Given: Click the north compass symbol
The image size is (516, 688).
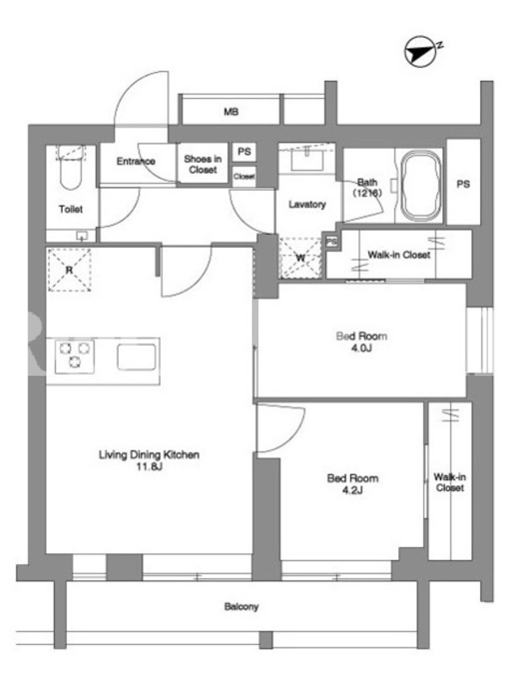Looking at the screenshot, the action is pyautogui.click(x=420, y=52).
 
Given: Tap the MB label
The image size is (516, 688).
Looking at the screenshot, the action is pyautogui.click(x=231, y=112).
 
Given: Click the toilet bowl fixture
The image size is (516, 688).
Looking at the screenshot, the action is pyautogui.click(x=71, y=168).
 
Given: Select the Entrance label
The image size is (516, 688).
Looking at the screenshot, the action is pyautogui.click(x=136, y=161).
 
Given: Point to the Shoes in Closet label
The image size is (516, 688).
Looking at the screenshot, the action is pyautogui.click(x=203, y=164).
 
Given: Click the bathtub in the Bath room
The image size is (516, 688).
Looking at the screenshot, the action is pyautogui.click(x=421, y=186).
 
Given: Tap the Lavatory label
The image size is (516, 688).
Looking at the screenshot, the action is pyautogui.click(x=307, y=204).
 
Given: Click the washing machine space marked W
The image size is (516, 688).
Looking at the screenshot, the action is pyautogui.click(x=300, y=257).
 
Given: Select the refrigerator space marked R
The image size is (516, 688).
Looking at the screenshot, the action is pyautogui.click(x=70, y=270).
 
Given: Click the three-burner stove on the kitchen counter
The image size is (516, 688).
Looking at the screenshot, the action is pyautogui.click(x=75, y=355).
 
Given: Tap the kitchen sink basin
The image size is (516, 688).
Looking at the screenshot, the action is pyautogui.click(x=137, y=357).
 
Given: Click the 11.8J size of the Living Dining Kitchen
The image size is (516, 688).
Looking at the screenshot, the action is pyautogui.click(x=149, y=466).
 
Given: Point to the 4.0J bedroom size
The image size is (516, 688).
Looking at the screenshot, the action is pyautogui.click(x=361, y=348).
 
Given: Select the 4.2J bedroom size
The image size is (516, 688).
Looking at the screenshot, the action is pyautogui.click(x=353, y=490).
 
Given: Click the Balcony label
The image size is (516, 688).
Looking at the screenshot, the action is pyautogui.click(x=242, y=607).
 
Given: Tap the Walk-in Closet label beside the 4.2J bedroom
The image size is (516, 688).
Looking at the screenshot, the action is pyautogui.click(x=450, y=482).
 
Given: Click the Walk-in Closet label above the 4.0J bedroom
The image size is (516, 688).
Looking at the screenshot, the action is pyautogui.click(x=399, y=255).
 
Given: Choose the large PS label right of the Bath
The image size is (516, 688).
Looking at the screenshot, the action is pyautogui.click(x=464, y=184).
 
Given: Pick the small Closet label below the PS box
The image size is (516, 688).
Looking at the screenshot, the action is pyautogui.click(x=244, y=176).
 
